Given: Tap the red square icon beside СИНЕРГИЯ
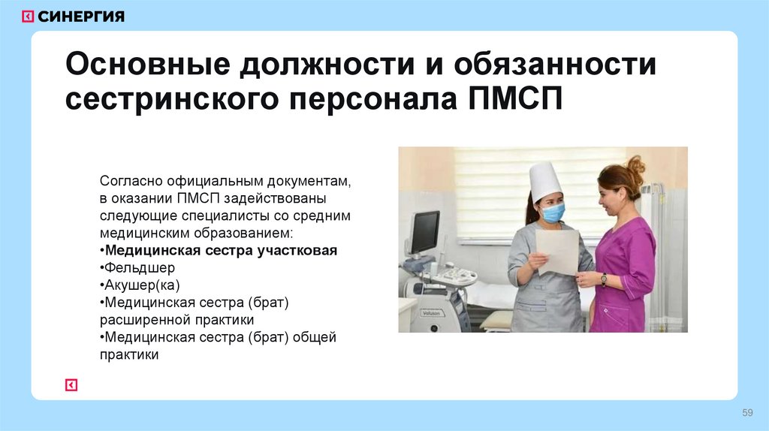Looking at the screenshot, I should [27, 16].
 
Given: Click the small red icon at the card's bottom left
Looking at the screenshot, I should [71, 385].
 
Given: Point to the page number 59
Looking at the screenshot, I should [747, 412].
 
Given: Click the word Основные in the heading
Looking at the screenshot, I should [144, 65].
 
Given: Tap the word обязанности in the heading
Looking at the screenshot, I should [554, 65].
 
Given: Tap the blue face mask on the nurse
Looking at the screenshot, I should [553, 213].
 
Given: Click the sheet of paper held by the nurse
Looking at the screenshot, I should [556, 252].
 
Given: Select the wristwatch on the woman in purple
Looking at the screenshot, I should [603, 279].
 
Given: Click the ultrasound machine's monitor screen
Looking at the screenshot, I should [424, 232].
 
